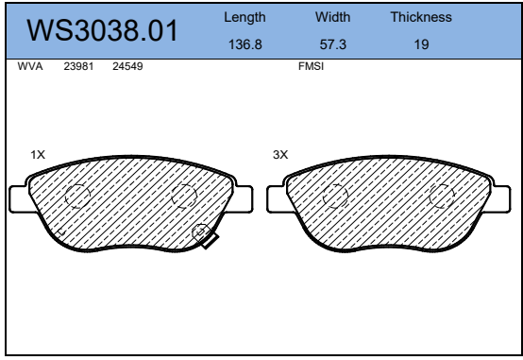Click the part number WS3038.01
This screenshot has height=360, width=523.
(102, 31)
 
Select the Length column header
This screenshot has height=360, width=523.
(245, 17)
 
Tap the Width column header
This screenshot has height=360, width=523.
(333, 17)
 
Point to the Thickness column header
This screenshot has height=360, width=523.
(421, 17)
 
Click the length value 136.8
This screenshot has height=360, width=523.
(245, 44)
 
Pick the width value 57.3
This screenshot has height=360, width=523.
(333, 44)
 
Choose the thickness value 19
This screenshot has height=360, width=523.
(421, 44)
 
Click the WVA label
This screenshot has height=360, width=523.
(30, 66)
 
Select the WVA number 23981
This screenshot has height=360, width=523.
(78, 66)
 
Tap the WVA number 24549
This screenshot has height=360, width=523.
(127, 66)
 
